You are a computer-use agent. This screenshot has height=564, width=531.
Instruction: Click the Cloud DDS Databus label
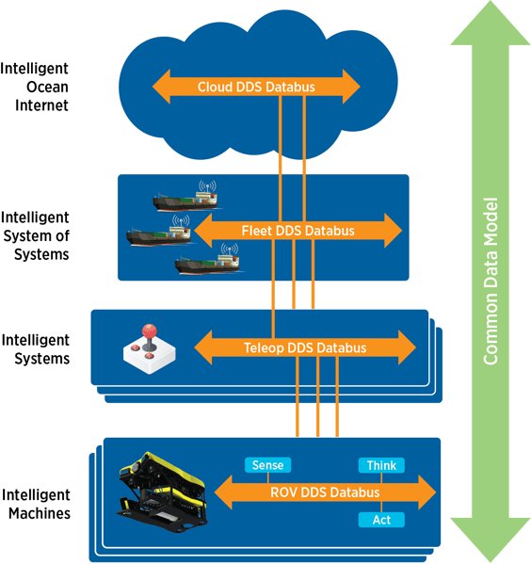[x=255, y=88]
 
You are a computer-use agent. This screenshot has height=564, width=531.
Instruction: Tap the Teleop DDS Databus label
[x=305, y=347]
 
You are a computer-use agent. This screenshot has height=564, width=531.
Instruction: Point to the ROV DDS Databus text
[x=324, y=492]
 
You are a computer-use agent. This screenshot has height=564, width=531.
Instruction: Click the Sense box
[x=267, y=465]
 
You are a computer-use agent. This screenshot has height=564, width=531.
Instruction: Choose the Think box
[x=381, y=465]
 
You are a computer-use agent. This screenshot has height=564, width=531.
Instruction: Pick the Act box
[x=380, y=520]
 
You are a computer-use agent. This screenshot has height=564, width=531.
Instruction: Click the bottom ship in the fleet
[x=208, y=264]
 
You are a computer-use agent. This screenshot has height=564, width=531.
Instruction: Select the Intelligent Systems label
[x=35, y=347]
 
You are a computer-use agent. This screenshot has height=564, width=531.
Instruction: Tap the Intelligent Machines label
[x=35, y=503]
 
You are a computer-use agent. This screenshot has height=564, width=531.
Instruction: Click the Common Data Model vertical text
[x=490, y=282]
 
